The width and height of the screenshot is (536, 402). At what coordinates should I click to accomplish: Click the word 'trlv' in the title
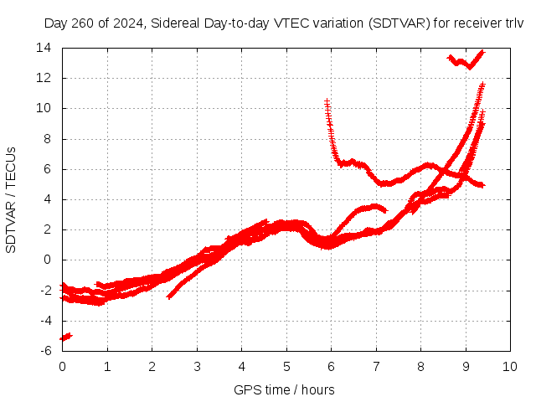513,23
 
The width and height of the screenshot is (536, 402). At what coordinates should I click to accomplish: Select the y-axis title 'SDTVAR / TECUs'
11,199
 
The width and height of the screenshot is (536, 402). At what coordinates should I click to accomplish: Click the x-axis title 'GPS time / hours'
285,390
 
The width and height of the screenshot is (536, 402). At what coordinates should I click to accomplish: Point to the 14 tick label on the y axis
44,48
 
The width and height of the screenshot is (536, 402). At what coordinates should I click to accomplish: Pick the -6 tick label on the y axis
46,351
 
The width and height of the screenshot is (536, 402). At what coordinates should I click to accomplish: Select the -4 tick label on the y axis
46,321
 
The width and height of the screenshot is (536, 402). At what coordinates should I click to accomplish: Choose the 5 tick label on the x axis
286,367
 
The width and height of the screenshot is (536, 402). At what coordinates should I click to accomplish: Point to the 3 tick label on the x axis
197,367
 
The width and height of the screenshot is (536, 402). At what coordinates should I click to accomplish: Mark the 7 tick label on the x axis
376,367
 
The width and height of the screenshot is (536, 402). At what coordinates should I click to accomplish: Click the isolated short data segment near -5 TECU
65,337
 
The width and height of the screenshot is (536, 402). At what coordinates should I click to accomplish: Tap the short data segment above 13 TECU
466,60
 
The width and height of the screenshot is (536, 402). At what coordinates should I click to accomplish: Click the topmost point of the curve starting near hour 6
327,100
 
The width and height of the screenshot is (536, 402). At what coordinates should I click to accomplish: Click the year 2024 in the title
125,23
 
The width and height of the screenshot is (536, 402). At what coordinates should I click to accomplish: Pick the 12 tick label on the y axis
44,78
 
